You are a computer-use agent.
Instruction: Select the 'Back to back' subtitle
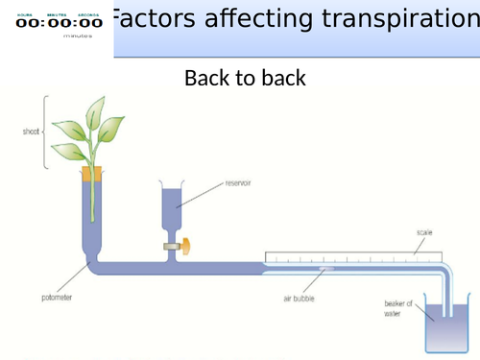(245, 78)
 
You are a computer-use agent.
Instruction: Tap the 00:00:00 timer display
(58, 23)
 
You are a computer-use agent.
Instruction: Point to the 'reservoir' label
(237, 181)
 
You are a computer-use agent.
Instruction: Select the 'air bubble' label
(300, 300)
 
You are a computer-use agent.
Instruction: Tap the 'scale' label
(424, 232)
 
